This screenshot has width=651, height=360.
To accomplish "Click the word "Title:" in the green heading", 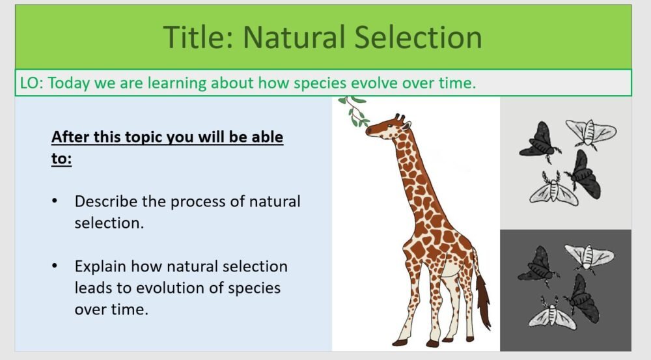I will tap(198, 37).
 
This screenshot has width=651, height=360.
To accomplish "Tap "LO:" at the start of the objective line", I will tap(31, 83).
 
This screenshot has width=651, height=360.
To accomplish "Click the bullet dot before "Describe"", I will tap(55, 201).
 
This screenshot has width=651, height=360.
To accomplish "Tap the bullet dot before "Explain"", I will tap(55, 266).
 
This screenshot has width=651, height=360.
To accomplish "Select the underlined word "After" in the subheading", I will tap(70, 138).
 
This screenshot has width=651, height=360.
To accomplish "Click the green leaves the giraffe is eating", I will tap(356, 111).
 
